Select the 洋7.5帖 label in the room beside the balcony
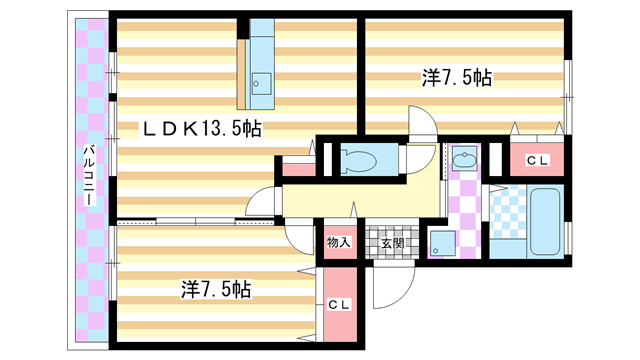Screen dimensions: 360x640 [x=215, y=289]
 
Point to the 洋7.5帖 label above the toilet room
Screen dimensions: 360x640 [x=455, y=76]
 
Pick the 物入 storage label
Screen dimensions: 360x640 [x=338, y=242]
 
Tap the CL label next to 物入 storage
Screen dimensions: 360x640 [x=338, y=306]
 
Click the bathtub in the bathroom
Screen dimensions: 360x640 [x=543, y=221]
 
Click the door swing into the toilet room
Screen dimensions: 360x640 [x=420, y=158]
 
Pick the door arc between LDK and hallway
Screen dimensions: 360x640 [x=263, y=200]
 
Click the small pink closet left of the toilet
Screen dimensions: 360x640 [x=297, y=167]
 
